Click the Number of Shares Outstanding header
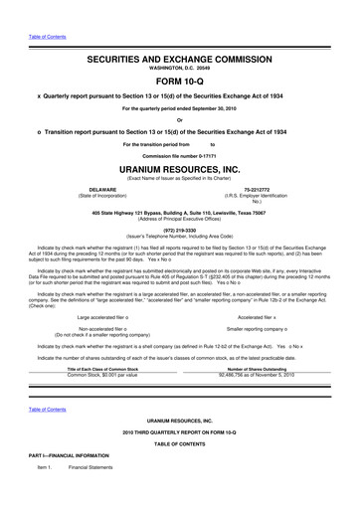[258, 368]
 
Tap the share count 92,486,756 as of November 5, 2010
[258, 375]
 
